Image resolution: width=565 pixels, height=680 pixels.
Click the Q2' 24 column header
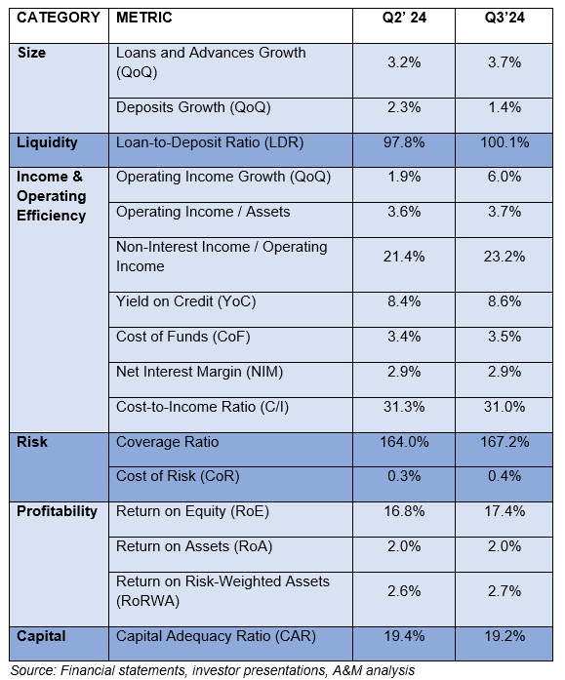[404, 18]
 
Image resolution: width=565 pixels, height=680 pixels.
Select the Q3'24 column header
[504, 18]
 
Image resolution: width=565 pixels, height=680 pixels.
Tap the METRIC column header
[144, 18]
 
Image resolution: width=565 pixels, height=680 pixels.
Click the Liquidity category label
[47, 142]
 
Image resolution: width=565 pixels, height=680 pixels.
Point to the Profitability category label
[57, 511]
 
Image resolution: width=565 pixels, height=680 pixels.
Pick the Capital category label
[41, 636]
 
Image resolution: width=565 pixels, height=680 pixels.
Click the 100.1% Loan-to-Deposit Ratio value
[504, 142]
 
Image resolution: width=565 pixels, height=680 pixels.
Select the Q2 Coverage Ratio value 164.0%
[404, 442]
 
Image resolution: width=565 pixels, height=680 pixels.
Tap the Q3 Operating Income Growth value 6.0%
[504, 177]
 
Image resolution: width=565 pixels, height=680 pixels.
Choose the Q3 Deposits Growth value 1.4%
[504, 107]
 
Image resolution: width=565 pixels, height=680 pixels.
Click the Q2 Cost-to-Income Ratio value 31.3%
[404, 407]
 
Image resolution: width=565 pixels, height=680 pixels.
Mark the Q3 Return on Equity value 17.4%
[504, 511]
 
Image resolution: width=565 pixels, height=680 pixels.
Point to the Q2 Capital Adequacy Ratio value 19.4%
[404, 636]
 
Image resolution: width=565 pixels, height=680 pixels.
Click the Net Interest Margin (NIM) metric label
[199, 372]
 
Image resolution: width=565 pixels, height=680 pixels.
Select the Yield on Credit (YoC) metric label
[185, 301]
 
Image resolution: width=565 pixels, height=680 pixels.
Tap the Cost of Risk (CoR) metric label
[178, 476]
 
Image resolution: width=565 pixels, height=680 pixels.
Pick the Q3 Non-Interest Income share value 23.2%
[504, 257]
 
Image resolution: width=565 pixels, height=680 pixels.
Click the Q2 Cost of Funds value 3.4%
[404, 337]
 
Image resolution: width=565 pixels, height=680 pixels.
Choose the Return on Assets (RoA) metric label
[194, 546]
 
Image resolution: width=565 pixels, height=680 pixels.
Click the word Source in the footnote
[33, 670]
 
